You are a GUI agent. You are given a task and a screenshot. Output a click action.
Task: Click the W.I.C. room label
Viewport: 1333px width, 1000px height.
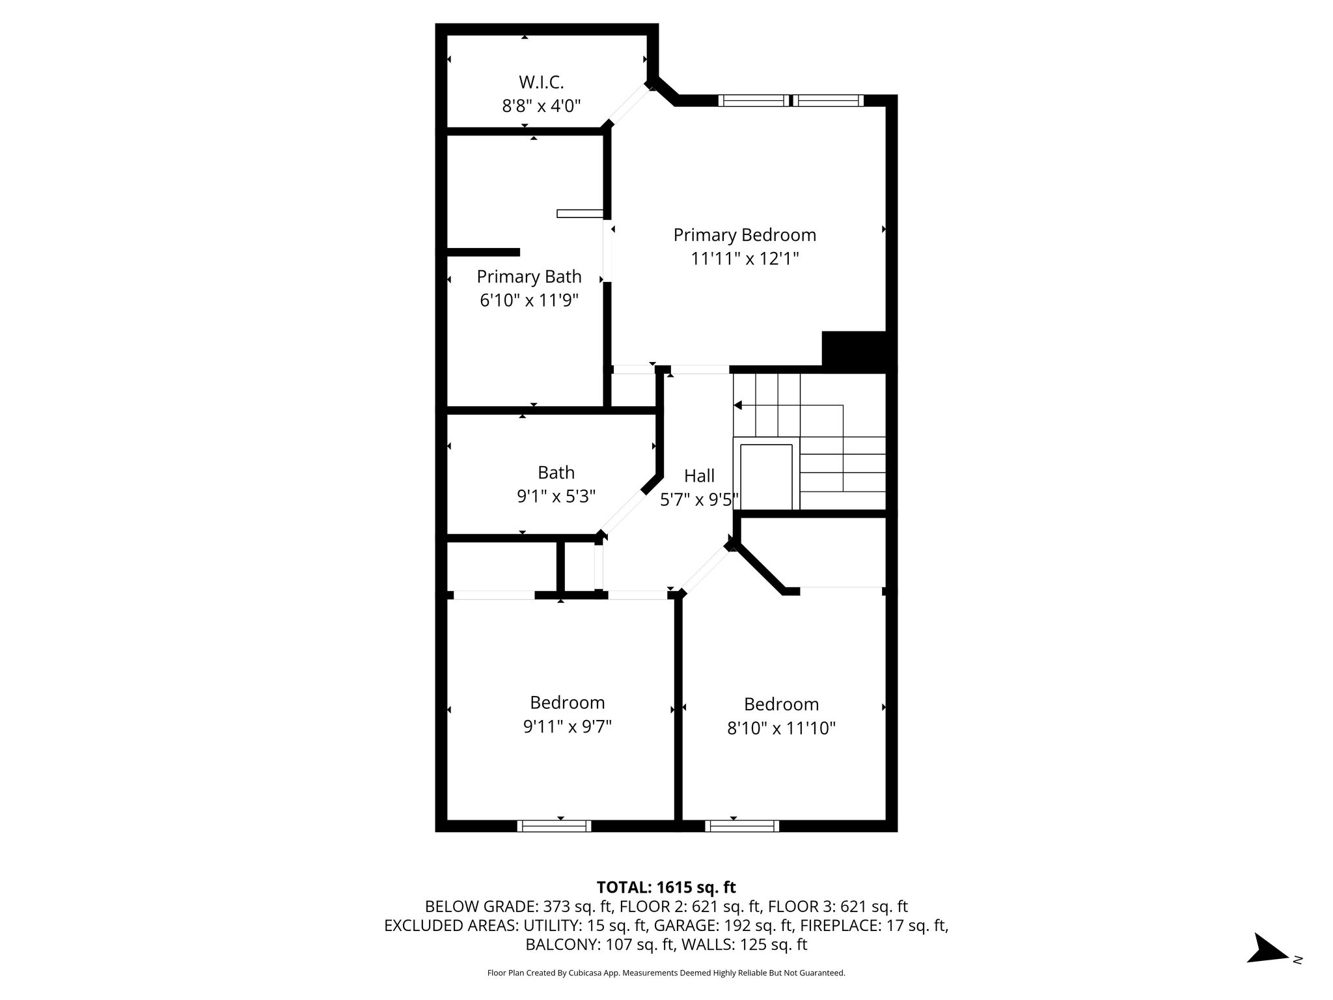541,83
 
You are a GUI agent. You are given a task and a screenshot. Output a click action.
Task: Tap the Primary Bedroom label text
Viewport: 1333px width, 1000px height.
745,235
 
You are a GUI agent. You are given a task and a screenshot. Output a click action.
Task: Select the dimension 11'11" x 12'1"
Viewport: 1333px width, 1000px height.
745,259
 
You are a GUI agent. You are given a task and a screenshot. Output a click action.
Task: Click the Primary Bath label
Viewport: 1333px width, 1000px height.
529,277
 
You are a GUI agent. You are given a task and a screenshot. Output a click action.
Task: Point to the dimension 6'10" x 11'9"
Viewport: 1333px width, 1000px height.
529,301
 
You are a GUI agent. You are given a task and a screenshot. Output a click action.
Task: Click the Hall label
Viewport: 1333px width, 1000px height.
700,476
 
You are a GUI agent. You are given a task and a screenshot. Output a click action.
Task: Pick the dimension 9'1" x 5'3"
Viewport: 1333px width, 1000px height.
557,497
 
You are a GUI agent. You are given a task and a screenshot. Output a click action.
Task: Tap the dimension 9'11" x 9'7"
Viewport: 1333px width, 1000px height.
568,727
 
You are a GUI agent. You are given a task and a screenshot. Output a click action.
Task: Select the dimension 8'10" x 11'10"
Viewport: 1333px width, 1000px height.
781,728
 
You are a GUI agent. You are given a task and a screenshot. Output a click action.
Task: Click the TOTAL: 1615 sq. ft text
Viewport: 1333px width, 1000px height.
666,887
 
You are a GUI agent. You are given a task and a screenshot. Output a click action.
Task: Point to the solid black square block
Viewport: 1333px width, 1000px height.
855,352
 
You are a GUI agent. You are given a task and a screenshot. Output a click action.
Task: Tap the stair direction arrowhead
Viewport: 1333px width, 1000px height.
737,405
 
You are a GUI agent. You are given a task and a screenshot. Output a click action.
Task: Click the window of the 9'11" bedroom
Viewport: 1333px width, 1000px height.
554,826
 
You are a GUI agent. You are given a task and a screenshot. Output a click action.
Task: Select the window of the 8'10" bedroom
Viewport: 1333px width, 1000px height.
742,826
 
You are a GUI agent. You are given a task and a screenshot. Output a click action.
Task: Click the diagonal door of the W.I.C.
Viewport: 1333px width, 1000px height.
629,104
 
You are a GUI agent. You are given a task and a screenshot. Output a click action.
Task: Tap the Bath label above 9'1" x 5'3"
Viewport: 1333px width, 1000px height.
557,472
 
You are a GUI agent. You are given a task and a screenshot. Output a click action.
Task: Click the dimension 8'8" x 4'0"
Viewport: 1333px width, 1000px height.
541,106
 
